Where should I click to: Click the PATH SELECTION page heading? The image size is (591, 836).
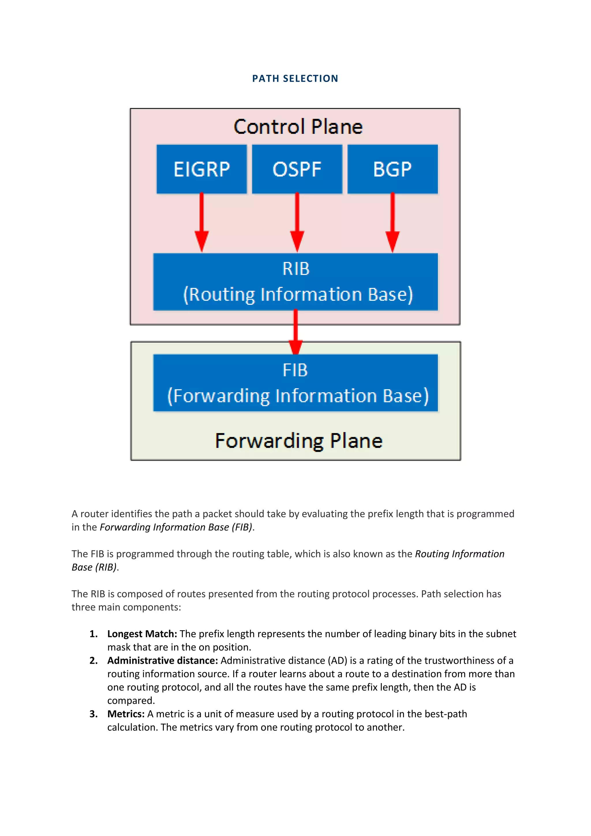(x=295, y=79)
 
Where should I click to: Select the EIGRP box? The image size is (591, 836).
(x=201, y=169)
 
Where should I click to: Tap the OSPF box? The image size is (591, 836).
(x=297, y=169)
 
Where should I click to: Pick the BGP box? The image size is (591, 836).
(x=392, y=169)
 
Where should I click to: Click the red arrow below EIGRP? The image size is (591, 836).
(x=201, y=222)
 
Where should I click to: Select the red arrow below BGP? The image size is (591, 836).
(x=392, y=222)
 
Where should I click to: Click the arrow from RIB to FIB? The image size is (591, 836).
(x=295, y=332)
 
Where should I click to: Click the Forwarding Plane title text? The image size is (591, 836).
(x=299, y=441)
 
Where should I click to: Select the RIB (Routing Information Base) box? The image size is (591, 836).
(x=295, y=282)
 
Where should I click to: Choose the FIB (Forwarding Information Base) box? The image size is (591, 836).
(x=295, y=383)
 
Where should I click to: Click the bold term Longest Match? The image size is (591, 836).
(x=142, y=634)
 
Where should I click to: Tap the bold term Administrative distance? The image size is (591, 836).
(x=162, y=661)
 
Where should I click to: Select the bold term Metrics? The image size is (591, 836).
(x=126, y=714)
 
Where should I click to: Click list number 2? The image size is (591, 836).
(x=93, y=661)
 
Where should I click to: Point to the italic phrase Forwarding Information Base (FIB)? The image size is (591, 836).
(x=176, y=527)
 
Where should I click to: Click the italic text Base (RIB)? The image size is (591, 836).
(x=94, y=567)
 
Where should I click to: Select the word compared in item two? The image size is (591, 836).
(x=131, y=700)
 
